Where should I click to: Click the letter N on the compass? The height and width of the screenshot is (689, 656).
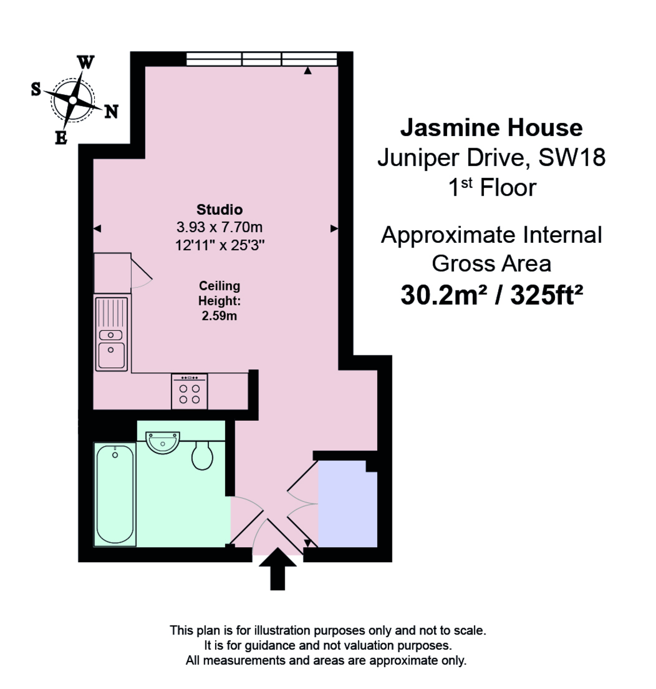click(x=111, y=112)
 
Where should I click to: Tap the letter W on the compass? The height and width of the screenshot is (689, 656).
click(x=86, y=63)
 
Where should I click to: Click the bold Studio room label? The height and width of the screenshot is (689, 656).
click(x=219, y=210)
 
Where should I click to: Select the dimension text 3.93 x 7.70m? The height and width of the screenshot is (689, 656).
click(x=219, y=227)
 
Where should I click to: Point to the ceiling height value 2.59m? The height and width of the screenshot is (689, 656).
click(x=219, y=316)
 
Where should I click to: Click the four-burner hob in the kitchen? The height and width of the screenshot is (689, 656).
click(x=189, y=392)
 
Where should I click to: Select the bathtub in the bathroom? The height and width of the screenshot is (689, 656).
click(x=115, y=495)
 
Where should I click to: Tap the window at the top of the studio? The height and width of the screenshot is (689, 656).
click(x=262, y=59)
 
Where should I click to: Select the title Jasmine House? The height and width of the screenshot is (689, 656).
click(x=491, y=127)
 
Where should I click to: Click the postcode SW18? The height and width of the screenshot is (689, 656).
click(x=571, y=157)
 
